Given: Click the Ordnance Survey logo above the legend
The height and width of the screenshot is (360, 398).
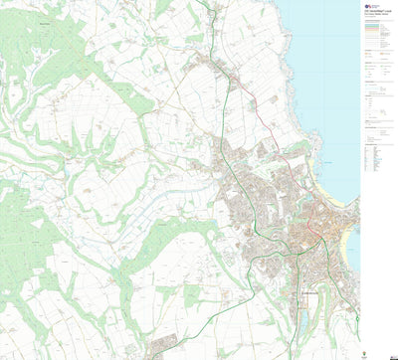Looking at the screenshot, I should (x=368, y=5).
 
